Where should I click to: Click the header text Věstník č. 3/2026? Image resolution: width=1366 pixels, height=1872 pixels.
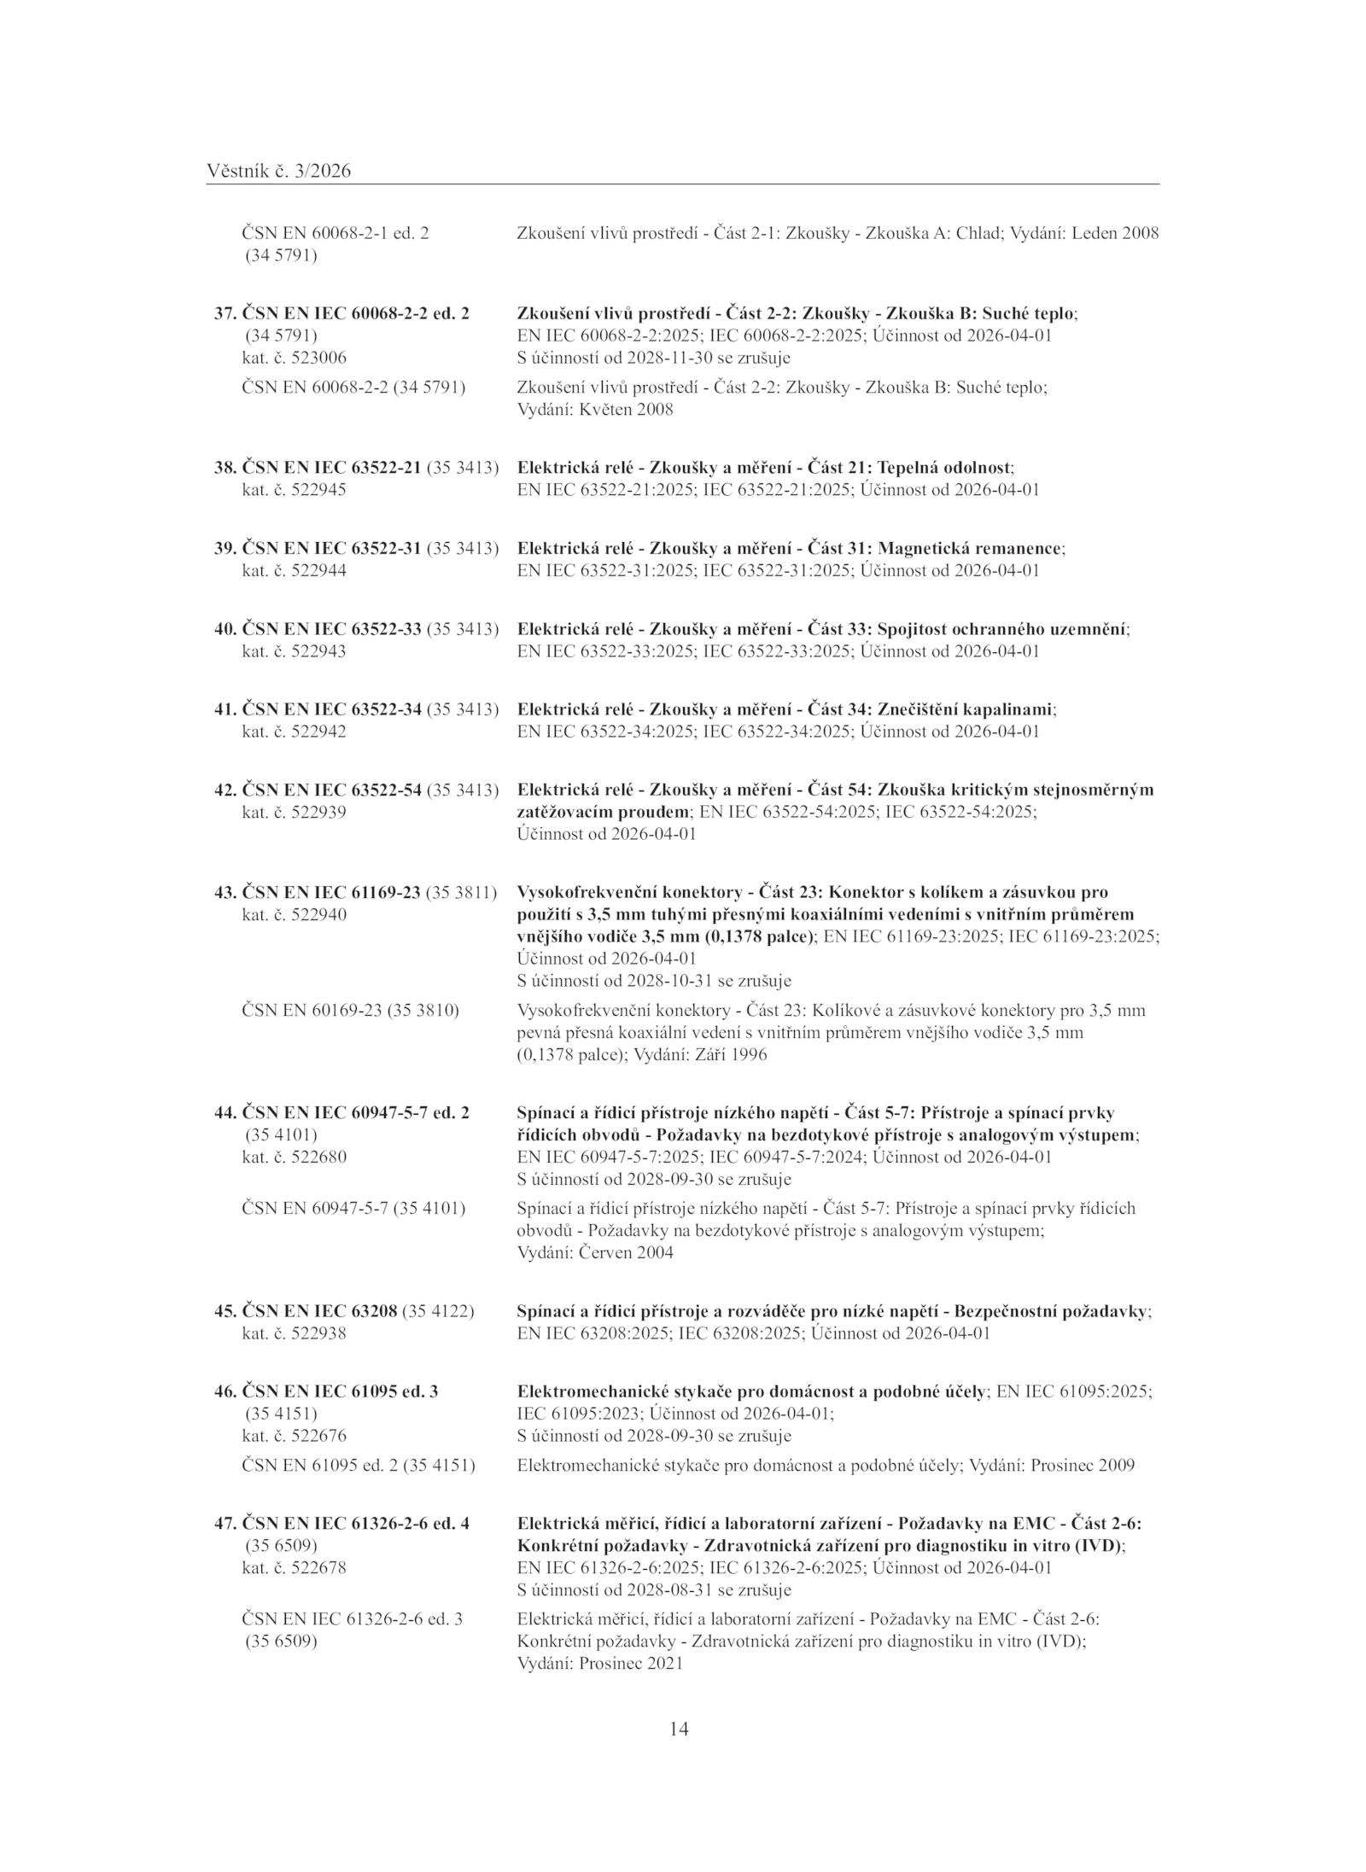(278, 172)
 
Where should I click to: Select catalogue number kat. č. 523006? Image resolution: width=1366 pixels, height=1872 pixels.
(295, 358)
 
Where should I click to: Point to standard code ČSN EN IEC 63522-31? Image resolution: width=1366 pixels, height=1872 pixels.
(332, 548)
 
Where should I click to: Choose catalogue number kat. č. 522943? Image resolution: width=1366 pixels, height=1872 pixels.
(295, 651)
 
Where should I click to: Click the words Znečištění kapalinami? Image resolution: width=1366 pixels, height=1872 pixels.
(966, 709)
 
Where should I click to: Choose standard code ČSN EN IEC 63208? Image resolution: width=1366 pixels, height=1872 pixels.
(320, 1311)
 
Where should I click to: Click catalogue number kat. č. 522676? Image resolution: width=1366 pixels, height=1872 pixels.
(295, 1437)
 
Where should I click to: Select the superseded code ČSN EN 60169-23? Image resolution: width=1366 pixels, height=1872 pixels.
(312, 1011)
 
